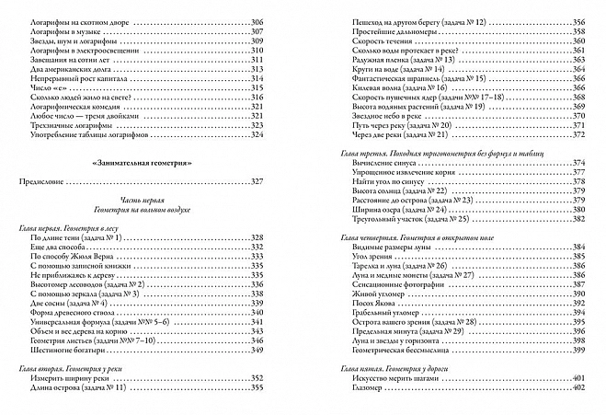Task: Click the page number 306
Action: pos(281,21)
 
